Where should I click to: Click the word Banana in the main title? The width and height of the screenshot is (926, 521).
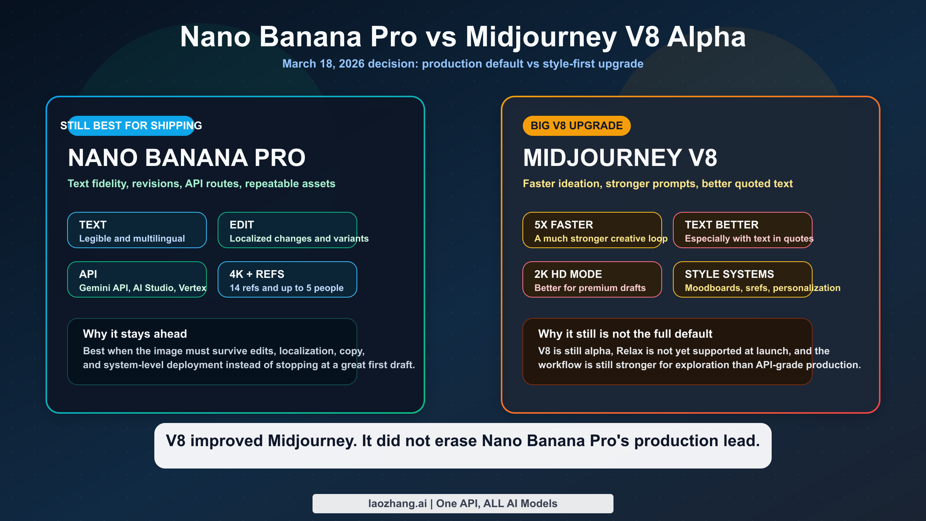tap(310, 37)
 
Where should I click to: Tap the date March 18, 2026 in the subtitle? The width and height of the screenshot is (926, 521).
tap(323, 64)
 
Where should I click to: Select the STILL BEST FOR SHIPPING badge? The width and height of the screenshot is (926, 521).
tap(131, 126)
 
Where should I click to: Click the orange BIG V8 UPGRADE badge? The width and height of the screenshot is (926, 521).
tap(576, 126)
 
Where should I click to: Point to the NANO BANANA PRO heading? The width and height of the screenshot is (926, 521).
tap(187, 158)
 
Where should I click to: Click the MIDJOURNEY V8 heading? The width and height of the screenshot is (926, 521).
tap(620, 158)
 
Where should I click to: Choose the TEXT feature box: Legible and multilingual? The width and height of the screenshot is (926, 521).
tap(137, 230)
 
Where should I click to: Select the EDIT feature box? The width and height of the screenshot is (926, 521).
tap(287, 230)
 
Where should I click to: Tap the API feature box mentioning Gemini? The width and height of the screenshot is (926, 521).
tap(137, 279)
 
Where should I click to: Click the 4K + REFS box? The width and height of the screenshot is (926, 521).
tap(287, 279)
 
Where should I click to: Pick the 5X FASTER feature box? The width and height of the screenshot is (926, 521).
tap(592, 230)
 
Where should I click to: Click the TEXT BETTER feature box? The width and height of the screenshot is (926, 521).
tap(742, 230)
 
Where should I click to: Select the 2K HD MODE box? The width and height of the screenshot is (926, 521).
tap(592, 279)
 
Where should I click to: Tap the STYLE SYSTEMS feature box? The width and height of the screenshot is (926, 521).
tap(742, 279)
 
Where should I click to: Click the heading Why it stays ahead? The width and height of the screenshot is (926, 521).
tap(135, 334)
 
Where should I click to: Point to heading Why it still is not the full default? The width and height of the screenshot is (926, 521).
tap(625, 334)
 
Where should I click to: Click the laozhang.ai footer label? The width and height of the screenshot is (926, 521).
tap(463, 504)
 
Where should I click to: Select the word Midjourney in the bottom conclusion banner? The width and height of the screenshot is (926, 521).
tap(312, 441)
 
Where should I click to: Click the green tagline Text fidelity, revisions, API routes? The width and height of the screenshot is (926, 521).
tap(201, 184)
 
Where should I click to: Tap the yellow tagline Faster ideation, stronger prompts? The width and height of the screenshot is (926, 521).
tap(657, 184)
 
